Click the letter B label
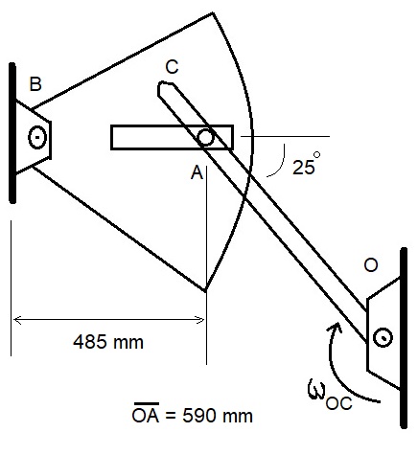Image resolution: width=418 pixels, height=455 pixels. click(x=35, y=84)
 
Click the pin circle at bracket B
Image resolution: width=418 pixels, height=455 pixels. click(x=38, y=136)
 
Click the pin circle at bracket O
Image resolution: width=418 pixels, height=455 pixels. click(x=383, y=337)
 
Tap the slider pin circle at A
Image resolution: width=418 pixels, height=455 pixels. click(x=205, y=138)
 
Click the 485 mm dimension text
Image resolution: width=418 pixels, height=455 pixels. click(x=108, y=340)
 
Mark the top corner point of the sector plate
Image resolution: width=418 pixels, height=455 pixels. click(x=211, y=12)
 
